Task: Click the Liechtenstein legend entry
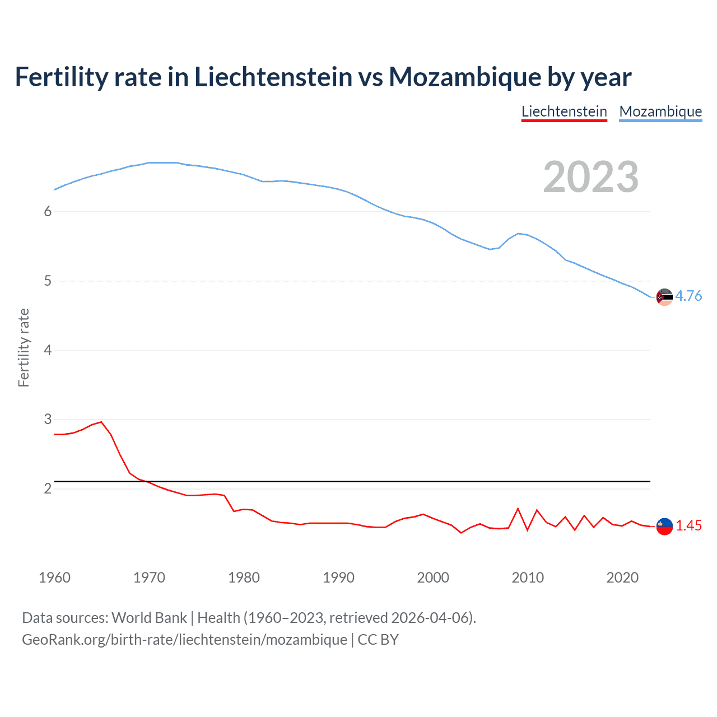pos(564,111)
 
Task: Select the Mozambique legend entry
pos(660,111)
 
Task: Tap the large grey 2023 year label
pos(590,177)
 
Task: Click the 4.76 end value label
pos(688,296)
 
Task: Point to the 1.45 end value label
pos(688,525)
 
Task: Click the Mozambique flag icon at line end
pos(664,297)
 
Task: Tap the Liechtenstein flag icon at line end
pos(664,526)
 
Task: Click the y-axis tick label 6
pos(48,211)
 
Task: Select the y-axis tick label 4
pos(48,350)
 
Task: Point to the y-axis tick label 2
pos(48,488)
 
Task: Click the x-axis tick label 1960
pos(54,578)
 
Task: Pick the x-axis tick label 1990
pos(338,578)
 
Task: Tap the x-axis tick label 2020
pos(622,578)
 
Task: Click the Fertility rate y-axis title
pos(24,347)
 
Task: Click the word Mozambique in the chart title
pos(464,77)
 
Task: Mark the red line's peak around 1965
pos(101,422)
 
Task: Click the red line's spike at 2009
pos(518,509)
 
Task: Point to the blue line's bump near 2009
pos(518,234)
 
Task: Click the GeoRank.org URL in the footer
pos(184,639)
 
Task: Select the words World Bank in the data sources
pos(149,617)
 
